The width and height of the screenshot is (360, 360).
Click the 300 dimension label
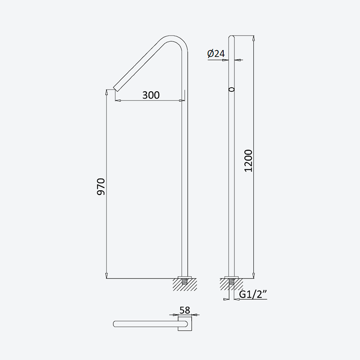click(x=151, y=95)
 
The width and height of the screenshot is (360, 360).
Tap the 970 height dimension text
click(x=101, y=186)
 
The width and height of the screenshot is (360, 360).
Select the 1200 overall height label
click(x=248, y=161)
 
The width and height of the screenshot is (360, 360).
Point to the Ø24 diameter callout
click(x=216, y=54)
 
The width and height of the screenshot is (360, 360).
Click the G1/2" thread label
click(x=253, y=294)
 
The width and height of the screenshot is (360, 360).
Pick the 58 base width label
click(x=185, y=310)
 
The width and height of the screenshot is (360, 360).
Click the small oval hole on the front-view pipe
click(x=232, y=89)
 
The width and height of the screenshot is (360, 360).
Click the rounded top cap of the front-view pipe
click(x=232, y=37)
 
